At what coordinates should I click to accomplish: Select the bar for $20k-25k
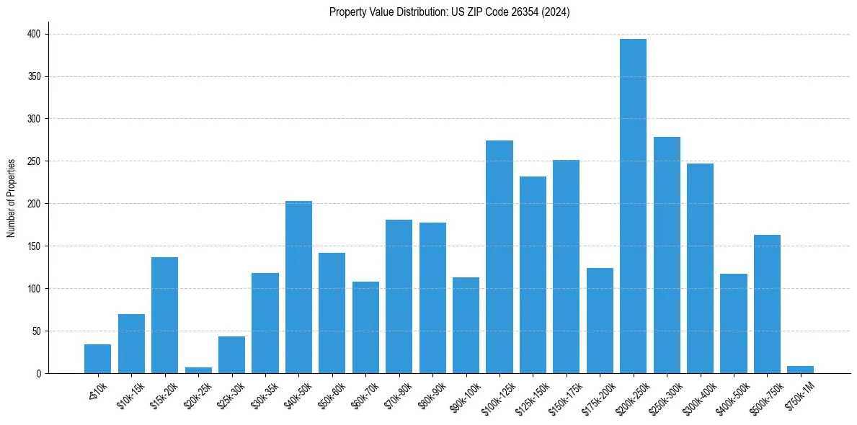pos(198,370)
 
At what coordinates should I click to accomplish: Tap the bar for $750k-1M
pos(800,370)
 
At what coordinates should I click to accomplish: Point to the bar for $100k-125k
pos(499,256)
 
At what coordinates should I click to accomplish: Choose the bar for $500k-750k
pos(767,304)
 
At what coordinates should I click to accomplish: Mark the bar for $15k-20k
pos(164,315)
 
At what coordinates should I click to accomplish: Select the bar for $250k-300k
pos(667,255)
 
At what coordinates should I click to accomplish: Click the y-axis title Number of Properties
pos(12,197)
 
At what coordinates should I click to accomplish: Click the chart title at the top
pos(449,12)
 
